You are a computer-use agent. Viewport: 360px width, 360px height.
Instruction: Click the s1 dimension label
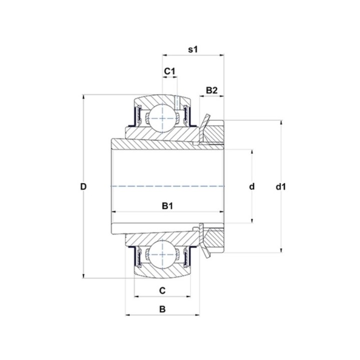[x=192, y=49]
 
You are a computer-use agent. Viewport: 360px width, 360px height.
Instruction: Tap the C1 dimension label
[x=169, y=71]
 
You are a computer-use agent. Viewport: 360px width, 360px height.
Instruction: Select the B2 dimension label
[x=211, y=90]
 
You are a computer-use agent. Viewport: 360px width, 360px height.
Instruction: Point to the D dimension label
[x=83, y=186]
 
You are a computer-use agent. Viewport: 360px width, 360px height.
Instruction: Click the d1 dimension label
[x=281, y=187]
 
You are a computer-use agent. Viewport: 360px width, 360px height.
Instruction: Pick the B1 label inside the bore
[x=167, y=206]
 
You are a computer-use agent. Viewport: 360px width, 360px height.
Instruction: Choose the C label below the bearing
[x=162, y=290]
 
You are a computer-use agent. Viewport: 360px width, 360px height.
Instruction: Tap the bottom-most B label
[x=162, y=309]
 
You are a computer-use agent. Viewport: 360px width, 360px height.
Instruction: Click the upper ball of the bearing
[x=162, y=118]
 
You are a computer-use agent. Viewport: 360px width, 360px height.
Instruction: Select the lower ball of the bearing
[x=162, y=254]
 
